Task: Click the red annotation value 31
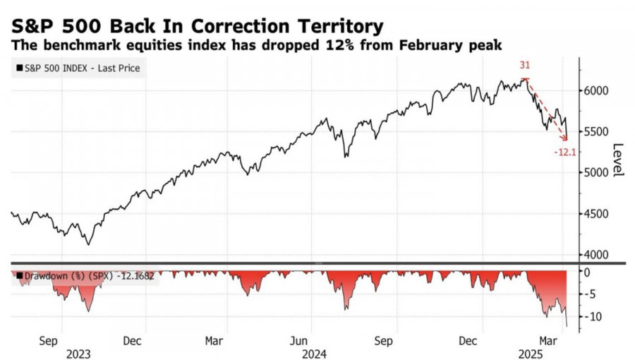click(x=525, y=64)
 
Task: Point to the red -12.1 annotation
click(x=566, y=151)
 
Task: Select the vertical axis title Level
click(x=617, y=161)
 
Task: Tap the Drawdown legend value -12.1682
click(x=134, y=277)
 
